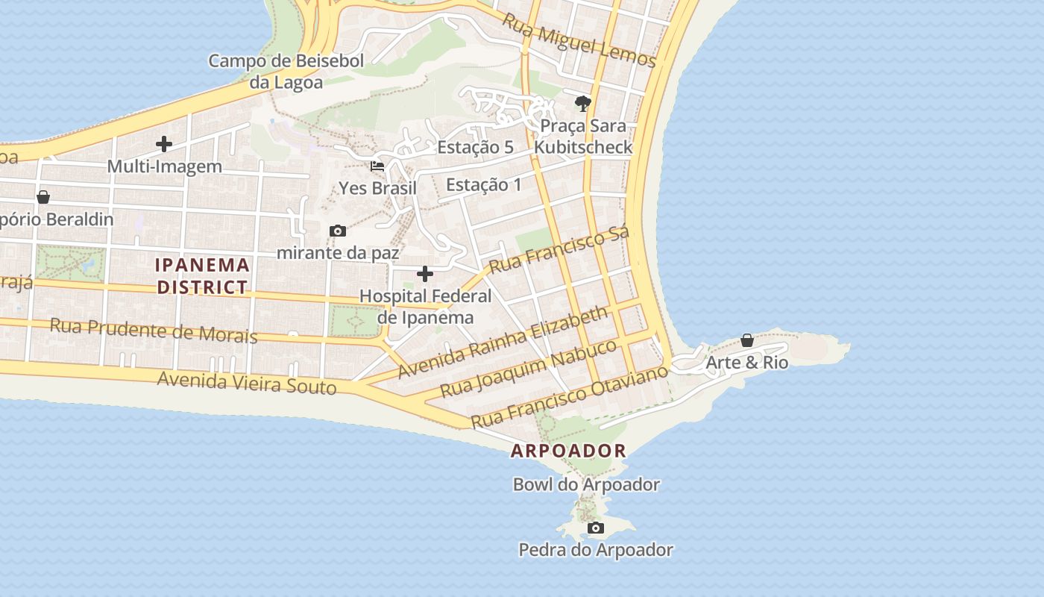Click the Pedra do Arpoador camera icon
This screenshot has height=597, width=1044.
pos(595,528)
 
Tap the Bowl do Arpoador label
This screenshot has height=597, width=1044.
pos(586,484)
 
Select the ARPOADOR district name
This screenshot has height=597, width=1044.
pos(568,451)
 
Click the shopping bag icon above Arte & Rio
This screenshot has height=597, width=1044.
pos(746,340)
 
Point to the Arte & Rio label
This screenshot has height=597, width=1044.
pos(746,363)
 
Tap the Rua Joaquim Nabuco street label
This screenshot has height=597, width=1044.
pos(528,369)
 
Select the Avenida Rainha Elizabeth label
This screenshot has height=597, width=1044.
pos(503,343)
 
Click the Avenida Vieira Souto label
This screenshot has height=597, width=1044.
pos(247,383)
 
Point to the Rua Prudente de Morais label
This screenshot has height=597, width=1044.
pos(154,329)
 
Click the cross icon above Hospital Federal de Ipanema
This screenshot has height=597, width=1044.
pos(425,274)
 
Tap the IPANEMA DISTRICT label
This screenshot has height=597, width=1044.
pos(202,275)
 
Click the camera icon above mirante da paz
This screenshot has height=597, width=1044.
pos(338,231)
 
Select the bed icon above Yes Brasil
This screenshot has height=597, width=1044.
pos(377,166)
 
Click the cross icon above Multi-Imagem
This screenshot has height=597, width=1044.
pos(164,144)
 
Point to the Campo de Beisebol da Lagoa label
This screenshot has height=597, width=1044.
pos(286,71)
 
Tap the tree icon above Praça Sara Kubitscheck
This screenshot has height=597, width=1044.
pos(583,103)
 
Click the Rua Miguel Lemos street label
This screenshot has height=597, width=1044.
pos(578,40)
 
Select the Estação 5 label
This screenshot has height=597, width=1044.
pos(475,147)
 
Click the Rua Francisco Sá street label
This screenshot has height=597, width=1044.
pos(559,249)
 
